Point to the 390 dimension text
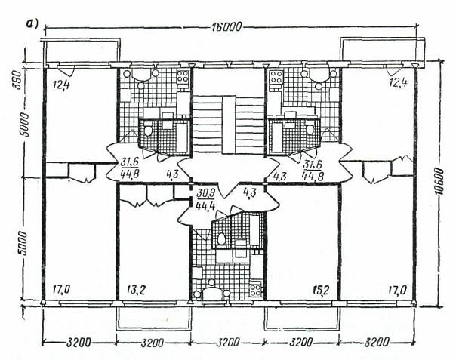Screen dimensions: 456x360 (17, 80)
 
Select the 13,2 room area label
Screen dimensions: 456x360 (137, 290)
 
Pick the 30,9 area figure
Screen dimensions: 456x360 (205, 193)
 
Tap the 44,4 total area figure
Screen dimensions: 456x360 (205, 205)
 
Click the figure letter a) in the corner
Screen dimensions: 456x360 (32, 24)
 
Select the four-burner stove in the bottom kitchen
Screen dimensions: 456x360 (255, 289)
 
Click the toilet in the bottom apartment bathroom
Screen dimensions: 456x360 (221, 238)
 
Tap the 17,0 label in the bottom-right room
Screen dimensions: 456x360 (398, 290)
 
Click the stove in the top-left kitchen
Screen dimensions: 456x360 (183, 77)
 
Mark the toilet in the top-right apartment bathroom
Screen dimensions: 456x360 (310, 128)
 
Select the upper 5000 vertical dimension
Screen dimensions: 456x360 (25, 125)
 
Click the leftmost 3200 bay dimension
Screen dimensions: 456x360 (79, 343)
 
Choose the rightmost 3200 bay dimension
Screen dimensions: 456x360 (377, 342)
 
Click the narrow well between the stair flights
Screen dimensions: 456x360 (229, 125)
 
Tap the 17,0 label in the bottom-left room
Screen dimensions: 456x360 (61, 290)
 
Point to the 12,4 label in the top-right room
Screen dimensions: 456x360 (398, 83)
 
